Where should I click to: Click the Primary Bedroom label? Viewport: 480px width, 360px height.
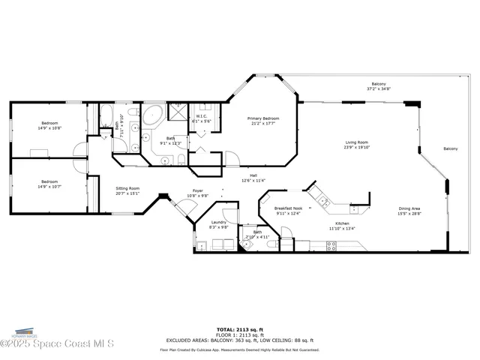click(264, 118)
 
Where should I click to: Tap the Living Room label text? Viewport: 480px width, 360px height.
click(356, 142)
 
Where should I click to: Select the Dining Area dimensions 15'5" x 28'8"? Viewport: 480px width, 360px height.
click(409, 214)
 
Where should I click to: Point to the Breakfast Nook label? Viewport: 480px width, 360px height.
click(288, 208)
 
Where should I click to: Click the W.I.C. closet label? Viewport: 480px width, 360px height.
click(202, 116)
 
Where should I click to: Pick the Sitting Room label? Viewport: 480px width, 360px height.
click(127, 189)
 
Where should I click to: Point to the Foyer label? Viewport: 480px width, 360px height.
click(198, 190)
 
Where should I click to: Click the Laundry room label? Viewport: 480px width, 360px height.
click(218, 222)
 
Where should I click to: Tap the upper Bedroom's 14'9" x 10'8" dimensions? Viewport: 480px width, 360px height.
click(49, 128)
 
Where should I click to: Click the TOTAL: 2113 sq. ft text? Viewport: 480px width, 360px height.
click(239, 329)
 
